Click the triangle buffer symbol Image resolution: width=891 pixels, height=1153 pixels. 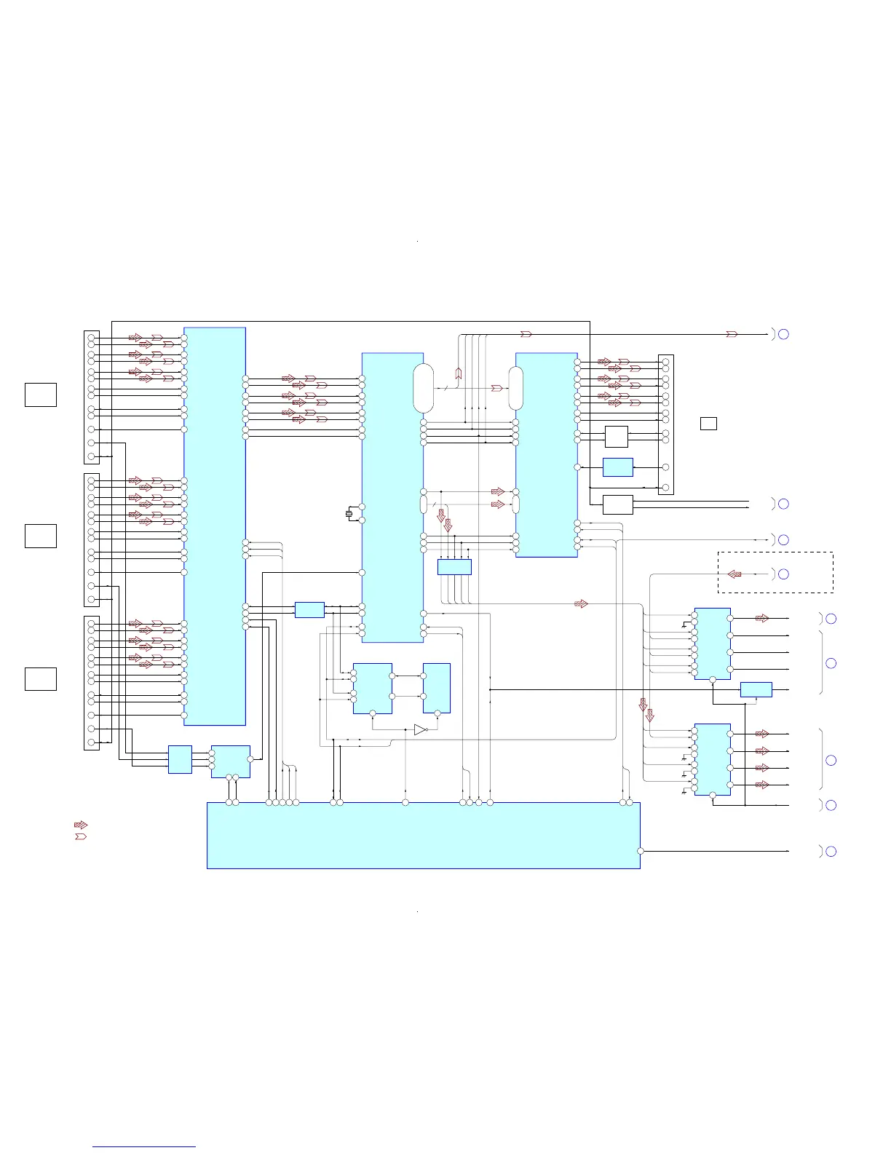pos(420,729)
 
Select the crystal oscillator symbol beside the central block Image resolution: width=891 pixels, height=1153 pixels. pos(349,514)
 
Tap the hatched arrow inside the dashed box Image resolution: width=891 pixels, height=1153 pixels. pos(734,574)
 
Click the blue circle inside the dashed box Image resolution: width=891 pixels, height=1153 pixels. pos(783,574)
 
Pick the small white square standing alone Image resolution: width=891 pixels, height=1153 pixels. pos(708,423)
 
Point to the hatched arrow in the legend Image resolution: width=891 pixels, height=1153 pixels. pos(81,825)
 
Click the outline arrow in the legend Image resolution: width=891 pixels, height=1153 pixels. pos(81,836)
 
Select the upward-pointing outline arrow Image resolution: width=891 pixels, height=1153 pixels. pos(459,373)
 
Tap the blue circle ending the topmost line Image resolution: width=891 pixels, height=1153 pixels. pos(783,334)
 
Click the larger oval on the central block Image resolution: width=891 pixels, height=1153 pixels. pos(423,389)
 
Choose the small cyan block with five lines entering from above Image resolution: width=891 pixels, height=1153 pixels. pos(454,567)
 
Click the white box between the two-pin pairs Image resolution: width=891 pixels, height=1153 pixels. pos(617,437)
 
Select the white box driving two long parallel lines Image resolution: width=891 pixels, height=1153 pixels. pos(618,504)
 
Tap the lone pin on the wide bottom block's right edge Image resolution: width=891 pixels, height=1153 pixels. pos(641,851)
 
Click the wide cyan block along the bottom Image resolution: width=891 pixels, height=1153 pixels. pos(424,836)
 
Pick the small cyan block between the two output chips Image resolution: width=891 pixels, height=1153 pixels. pos(756,689)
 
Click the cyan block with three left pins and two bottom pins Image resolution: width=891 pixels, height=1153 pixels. pos(231,761)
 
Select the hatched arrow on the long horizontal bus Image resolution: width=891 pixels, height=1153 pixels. pos(581,603)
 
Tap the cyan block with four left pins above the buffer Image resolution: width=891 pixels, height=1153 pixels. pos(372,688)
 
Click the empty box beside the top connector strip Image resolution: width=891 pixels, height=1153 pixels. pos(41,394)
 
